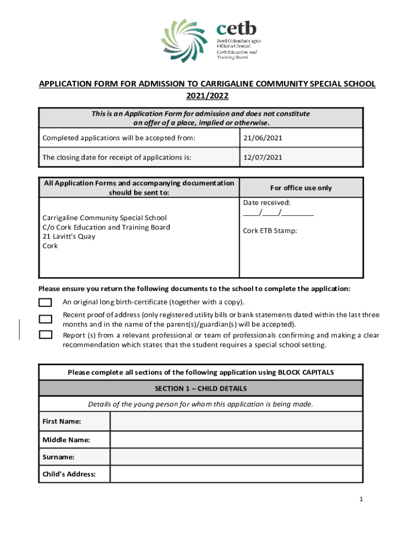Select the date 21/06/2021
[x=262, y=138]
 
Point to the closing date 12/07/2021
[x=262, y=157]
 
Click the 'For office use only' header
[x=301, y=188]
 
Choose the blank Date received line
[x=278, y=213]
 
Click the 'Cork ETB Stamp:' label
[x=270, y=230]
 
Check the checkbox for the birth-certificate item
[x=46, y=302]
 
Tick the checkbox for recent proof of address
[x=46, y=319]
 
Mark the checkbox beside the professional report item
[x=46, y=335]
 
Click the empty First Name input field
[x=236, y=421]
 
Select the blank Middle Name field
[x=236, y=440]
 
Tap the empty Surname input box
[x=236, y=457]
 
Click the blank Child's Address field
[x=236, y=475]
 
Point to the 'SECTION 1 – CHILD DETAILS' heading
[x=201, y=389]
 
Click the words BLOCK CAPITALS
[x=305, y=372]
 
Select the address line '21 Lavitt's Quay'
[x=69, y=236]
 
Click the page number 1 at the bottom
[x=360, y=500]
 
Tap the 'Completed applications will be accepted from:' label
[x=119, y=138]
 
